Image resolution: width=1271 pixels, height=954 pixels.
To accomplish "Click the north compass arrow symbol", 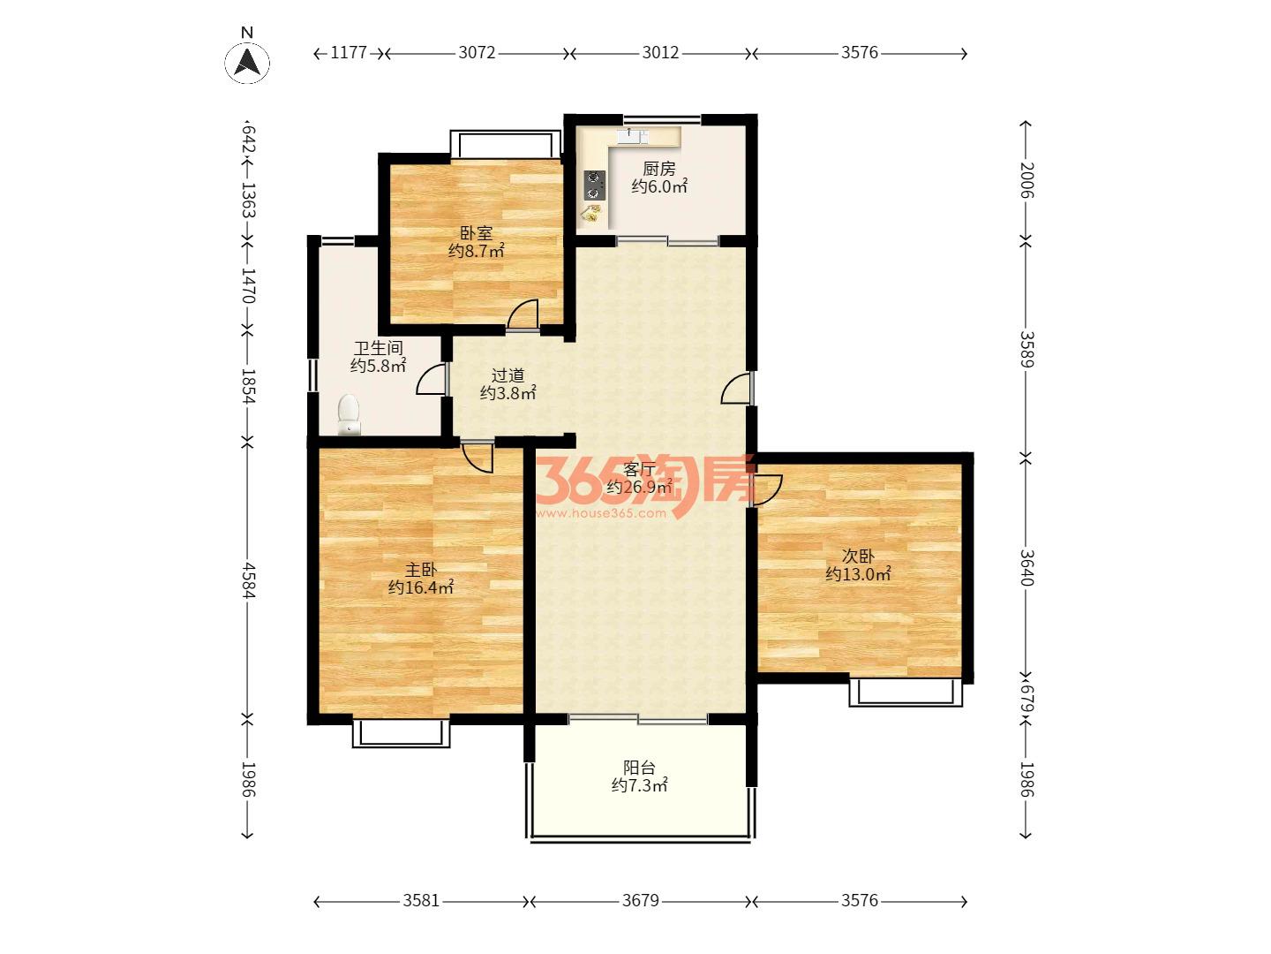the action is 247,63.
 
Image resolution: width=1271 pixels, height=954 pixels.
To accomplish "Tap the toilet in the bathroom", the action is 349,414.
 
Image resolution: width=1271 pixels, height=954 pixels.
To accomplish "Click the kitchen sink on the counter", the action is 632,136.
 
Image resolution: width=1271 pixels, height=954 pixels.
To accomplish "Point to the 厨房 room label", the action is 659,169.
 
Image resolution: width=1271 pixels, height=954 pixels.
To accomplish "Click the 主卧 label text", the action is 420,570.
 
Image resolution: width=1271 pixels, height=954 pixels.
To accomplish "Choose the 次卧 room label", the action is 858,556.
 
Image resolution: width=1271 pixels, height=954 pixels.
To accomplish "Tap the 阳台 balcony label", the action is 639,768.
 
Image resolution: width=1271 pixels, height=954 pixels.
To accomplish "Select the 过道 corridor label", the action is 508,375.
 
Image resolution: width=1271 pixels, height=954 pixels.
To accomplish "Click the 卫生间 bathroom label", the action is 378,348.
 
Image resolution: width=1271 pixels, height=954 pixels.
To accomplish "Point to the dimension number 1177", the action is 349,53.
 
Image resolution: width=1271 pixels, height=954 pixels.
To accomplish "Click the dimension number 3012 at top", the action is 660,53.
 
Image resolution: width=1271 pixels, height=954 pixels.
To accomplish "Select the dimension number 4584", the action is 248,579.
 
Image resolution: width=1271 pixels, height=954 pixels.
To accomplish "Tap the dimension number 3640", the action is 1026,568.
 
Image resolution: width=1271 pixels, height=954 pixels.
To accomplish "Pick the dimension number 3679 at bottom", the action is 641,901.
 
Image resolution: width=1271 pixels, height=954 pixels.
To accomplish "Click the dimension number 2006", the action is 1026,180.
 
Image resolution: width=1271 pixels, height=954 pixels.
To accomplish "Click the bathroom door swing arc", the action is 431,380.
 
